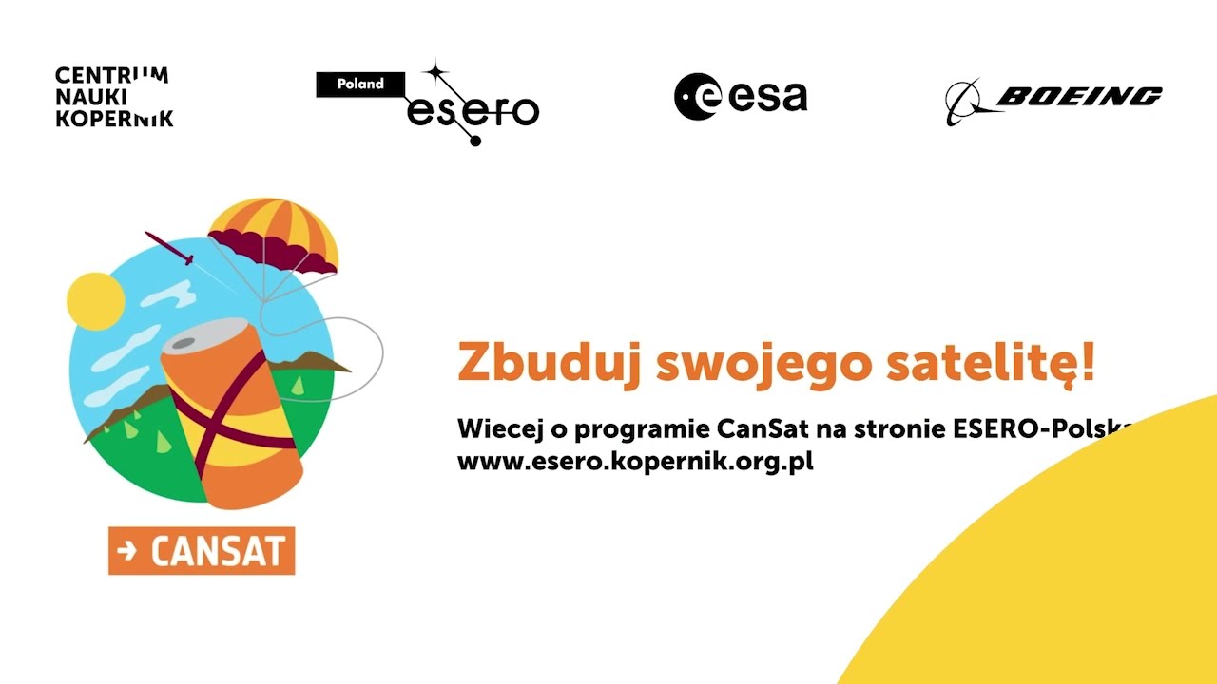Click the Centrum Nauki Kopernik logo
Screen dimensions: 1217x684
click(x=114, y=97)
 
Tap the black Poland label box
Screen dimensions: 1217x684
click(x=360, y=85)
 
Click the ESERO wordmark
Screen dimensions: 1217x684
click(x=473, y=112)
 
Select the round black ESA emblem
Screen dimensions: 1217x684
click(x=698, y=97)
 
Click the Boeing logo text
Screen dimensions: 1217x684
click(x=1079, y=97)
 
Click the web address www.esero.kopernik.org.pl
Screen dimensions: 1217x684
click(x=636, y=462)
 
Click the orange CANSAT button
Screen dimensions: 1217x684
click(x=202, y=550)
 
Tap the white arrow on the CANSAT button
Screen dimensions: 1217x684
click(x=127, y=550)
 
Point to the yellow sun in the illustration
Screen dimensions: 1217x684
click(x=96, y=301)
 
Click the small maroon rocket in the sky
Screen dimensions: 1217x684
click(x=168, y=248)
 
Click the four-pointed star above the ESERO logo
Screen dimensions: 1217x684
click(x=435, y=72)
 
